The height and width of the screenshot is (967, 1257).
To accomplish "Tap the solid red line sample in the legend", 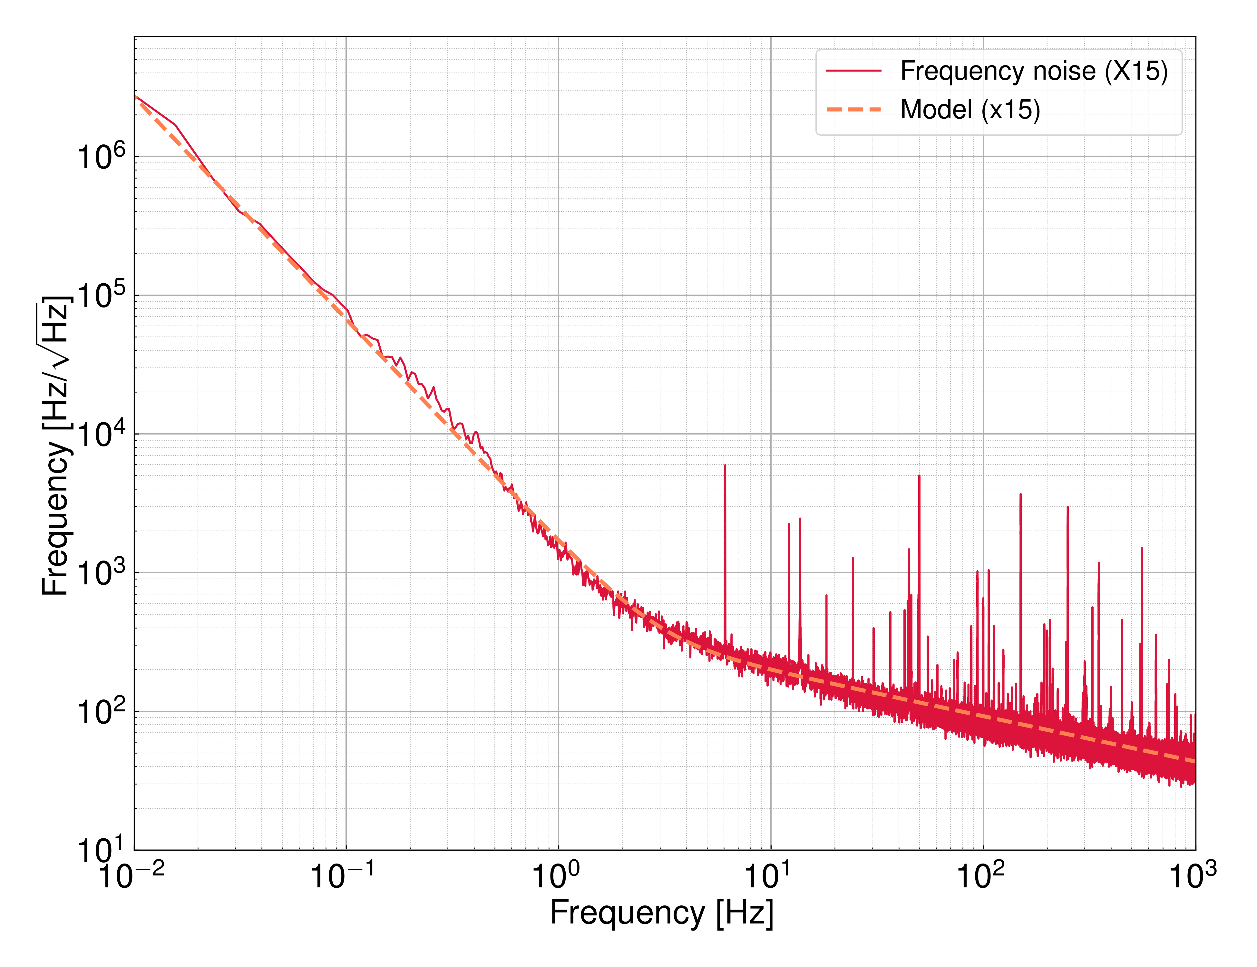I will pyautogui.click(x=853, y=71).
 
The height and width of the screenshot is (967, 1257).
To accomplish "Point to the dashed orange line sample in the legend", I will pyautogui.click(x=853, y=109).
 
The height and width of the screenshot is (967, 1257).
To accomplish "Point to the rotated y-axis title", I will pyautogui.click(x=56, y=446).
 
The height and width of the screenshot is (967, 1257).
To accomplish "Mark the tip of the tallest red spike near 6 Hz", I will pyautogui.click(x=725, y=466).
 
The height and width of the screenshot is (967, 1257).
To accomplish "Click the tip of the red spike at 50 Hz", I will pyautogui.click(x=919, y=476).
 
